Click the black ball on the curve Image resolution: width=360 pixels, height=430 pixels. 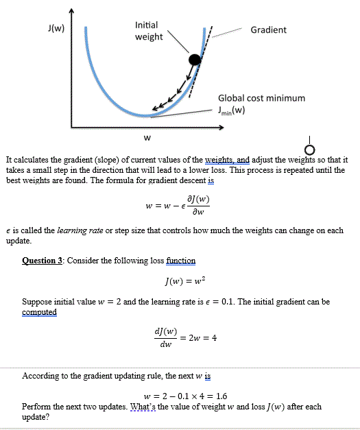[x=195, y=60]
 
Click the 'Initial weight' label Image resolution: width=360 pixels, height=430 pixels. [x=149, y=30]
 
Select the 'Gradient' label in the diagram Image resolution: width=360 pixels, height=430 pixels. [x=269, y=29]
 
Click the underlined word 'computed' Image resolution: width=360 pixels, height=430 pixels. [x=40, y=312]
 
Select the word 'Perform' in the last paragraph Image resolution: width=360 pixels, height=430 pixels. [x=38, y=407]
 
